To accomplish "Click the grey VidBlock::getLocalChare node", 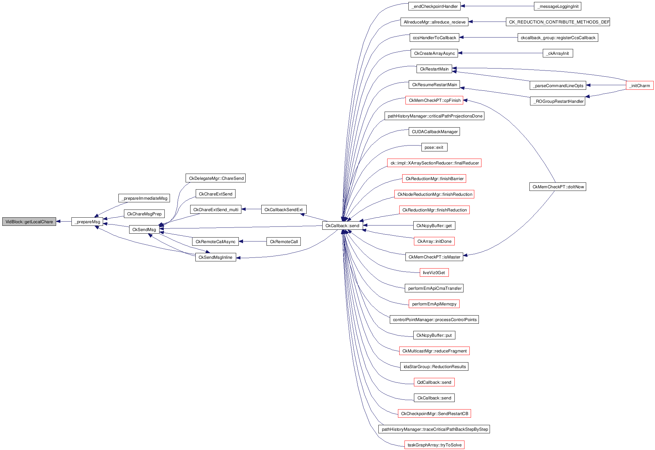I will point(29,222).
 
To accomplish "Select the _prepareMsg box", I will point(87,222).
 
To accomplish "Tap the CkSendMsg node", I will point(144,229).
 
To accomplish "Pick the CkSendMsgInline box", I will point(215,257).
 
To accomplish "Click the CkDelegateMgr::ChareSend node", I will point(215,178).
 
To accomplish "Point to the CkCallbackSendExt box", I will point(283,209).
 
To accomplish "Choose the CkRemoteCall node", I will point(283,241).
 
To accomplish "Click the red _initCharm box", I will point(640,85).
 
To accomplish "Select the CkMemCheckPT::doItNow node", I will point(558,187).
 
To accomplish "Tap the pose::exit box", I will point(434,147).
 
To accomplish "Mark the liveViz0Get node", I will point(434,272).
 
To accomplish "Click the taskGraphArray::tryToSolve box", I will point(434,445).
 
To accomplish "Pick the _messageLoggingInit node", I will point(557,6).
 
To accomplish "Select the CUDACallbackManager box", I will point(434,132).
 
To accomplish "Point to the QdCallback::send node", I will point(434,382).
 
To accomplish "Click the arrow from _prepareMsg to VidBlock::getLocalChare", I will point(64,222).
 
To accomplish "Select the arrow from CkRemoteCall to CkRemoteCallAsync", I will point(252,241).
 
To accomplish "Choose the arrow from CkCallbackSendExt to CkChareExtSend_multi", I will point(251,209).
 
